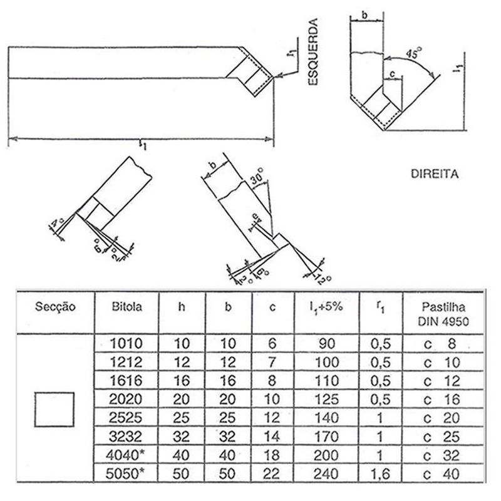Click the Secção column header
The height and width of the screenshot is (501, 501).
pyautogui.click(x=54, y=307)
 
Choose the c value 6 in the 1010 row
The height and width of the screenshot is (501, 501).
pyautogui.click(x=272, y=343)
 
